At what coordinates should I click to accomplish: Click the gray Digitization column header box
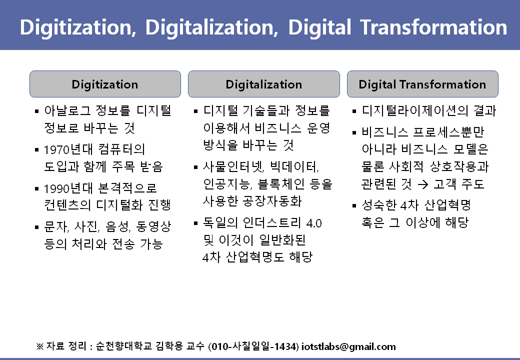(x=105, y=84)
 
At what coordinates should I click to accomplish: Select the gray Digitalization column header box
(x=263, y=84)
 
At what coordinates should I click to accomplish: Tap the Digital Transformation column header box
(x=422, y=84)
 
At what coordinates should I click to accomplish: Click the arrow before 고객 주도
(x=422, y=184)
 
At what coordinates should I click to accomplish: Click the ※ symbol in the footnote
(x=40, y=346)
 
